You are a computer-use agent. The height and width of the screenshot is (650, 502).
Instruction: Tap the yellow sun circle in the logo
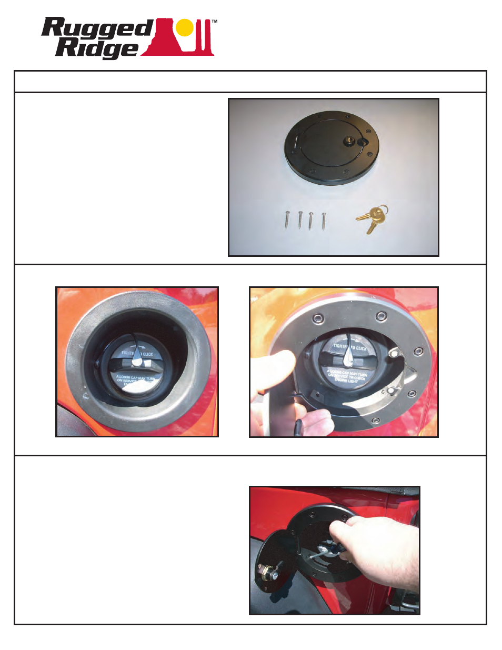185,28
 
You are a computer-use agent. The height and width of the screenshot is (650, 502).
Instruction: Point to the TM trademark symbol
214,22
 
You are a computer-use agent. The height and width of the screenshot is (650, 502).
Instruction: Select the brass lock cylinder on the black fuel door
349,141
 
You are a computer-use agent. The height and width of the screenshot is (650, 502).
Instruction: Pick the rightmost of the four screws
324,220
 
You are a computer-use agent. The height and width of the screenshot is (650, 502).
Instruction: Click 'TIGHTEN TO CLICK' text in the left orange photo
137,354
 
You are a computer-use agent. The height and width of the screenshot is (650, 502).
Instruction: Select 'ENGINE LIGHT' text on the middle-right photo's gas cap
346,381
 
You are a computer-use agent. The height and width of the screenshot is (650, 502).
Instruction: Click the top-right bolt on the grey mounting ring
380,316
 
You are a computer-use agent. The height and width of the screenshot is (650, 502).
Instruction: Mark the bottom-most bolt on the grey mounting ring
375,420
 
